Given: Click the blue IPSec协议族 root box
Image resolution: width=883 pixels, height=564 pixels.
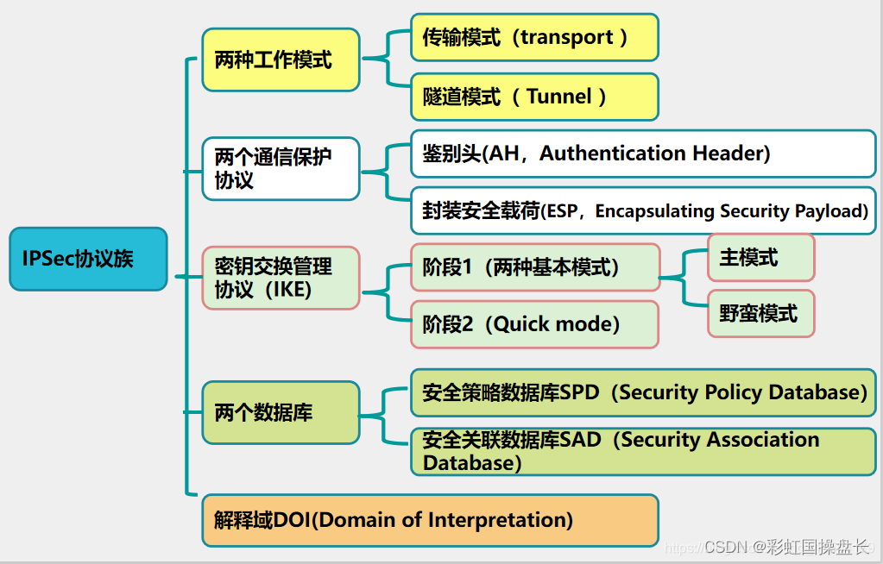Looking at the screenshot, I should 87,259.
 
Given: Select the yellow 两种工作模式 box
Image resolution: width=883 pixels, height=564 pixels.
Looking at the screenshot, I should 281,60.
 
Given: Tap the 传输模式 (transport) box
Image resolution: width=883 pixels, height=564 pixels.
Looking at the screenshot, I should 534,37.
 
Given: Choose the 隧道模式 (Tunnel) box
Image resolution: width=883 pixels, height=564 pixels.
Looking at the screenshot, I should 534,97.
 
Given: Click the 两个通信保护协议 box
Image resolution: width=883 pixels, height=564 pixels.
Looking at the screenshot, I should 281,168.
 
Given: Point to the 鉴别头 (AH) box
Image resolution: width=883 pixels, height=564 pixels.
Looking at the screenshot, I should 643,154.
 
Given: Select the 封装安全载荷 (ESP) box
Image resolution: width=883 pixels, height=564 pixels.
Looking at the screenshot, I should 643,211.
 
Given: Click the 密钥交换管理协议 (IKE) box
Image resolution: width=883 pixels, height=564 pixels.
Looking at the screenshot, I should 281,278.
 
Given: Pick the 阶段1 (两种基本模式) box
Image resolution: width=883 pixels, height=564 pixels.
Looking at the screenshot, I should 534,267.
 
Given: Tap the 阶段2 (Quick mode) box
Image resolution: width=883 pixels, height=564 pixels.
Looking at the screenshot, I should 534,324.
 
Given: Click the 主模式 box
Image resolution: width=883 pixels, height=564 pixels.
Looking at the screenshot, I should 760,257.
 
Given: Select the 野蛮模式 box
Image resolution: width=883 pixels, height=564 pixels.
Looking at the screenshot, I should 760,313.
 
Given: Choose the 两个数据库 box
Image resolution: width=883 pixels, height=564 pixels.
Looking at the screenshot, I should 281,412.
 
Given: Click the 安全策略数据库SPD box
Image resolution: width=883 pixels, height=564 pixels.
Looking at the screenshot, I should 643,392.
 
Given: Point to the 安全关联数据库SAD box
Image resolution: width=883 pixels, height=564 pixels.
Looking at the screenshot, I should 643,451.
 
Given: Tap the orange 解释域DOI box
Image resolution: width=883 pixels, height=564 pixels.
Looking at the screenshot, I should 430,520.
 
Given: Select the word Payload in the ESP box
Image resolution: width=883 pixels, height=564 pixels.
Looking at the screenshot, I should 833,211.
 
